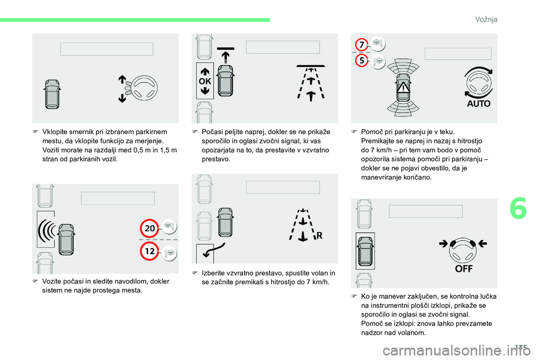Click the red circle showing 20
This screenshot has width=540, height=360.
(x=150, y=228)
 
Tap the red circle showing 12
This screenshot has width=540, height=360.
(x=150, y=251)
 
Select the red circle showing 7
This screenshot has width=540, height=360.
(x=362, y=44)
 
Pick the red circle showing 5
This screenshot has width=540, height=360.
(x=362, y=61)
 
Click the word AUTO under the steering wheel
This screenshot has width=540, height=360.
(x=479, y=103)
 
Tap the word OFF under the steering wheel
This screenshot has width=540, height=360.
(x=464, y=269)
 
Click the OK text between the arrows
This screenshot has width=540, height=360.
(x=205, y=82)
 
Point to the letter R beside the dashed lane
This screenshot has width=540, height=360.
(x=319, y=236)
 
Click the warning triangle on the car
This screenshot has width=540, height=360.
(x=403, y=88)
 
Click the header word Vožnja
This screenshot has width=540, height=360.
(x=486, y=19)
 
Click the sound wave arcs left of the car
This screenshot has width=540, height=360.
(x=47, y=229)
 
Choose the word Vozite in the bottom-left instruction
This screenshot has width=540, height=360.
(x=52, y=281)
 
